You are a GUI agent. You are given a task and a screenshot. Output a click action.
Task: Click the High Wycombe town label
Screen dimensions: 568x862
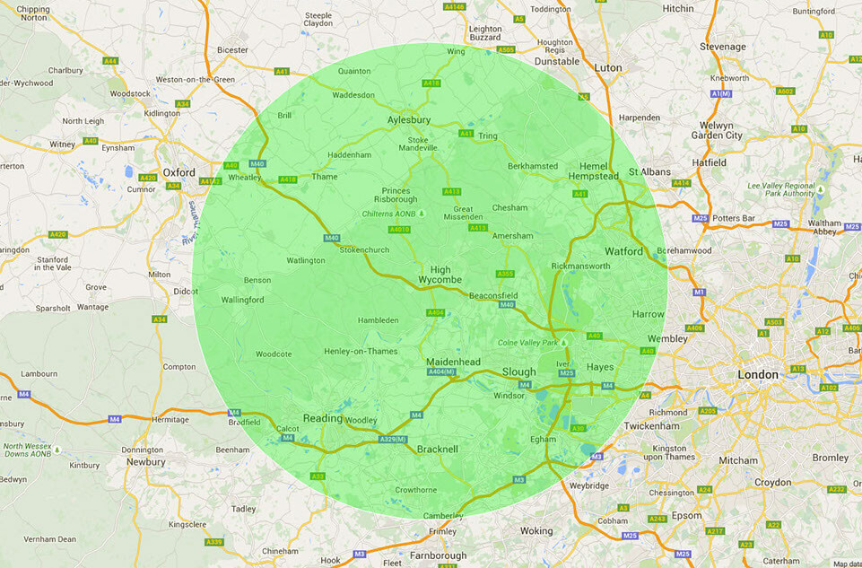(440, 275)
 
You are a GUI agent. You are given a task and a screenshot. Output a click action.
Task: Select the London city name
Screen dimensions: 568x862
(758, 374)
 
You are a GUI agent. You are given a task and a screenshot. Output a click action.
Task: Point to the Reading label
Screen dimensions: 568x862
(323, 418)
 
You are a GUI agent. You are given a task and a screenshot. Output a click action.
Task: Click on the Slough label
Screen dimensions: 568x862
(518, 371)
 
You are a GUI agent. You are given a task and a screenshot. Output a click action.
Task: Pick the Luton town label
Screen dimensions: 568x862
(608, 67)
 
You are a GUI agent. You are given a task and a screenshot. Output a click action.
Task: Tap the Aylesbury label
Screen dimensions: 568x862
(409, 119)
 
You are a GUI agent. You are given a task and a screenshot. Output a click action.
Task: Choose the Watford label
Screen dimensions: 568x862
(623, 251)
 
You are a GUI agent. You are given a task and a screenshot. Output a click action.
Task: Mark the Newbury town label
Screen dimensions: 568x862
(145, 462)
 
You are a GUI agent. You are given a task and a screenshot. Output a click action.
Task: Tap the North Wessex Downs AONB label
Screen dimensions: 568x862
(30, 450)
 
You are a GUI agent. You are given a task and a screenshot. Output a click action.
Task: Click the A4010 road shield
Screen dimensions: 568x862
(399, 230)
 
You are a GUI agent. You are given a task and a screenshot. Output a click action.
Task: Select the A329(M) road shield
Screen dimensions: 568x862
(393, 439)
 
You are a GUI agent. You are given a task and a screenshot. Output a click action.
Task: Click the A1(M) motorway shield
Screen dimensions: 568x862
(720, 93)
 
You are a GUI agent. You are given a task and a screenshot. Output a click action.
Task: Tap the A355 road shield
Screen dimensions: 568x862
(505, 274)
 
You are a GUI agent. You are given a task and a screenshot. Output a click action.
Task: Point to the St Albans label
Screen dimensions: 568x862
(649, 171)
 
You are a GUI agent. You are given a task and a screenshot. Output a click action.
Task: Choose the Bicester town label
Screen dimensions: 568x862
(231, 49)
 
